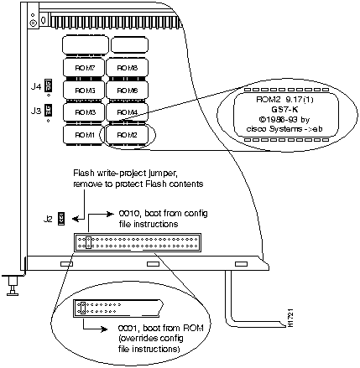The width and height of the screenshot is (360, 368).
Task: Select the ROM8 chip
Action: pyautogui.click(x=123, y=66)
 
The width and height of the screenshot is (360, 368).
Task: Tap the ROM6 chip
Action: pyautogui.click(x=123, y=89)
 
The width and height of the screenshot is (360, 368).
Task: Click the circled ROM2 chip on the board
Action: pyautogui.click(x=123, y=134)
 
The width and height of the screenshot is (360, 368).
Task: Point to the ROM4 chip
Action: pyautogui.click(x=123, y=111)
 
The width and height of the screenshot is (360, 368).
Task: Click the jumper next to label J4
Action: pyautogui.click(x=49, y=86)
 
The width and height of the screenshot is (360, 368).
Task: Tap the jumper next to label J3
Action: pyautogui.click(x=49, y=109)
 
